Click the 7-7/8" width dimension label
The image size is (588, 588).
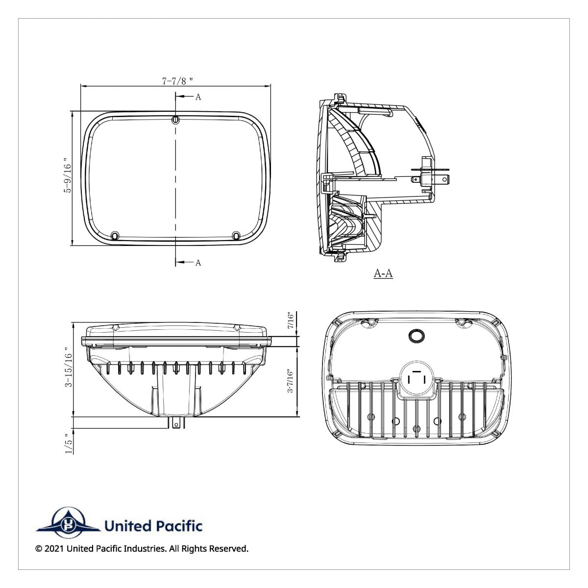coord(174,81)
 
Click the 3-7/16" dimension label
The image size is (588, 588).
coord(291,381)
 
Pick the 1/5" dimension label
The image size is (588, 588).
coord(68,443)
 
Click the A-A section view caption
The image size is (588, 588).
coord(383,273)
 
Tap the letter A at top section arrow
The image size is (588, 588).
coord(198,97)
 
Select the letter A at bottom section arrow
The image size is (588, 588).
coord(198,263)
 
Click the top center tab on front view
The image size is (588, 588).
coord(175,120)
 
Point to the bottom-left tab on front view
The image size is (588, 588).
coord(115,236)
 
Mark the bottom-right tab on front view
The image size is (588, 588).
coord(237,236)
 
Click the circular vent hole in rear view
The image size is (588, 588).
coord(416,335)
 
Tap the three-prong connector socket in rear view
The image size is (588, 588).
coord(416,379)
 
